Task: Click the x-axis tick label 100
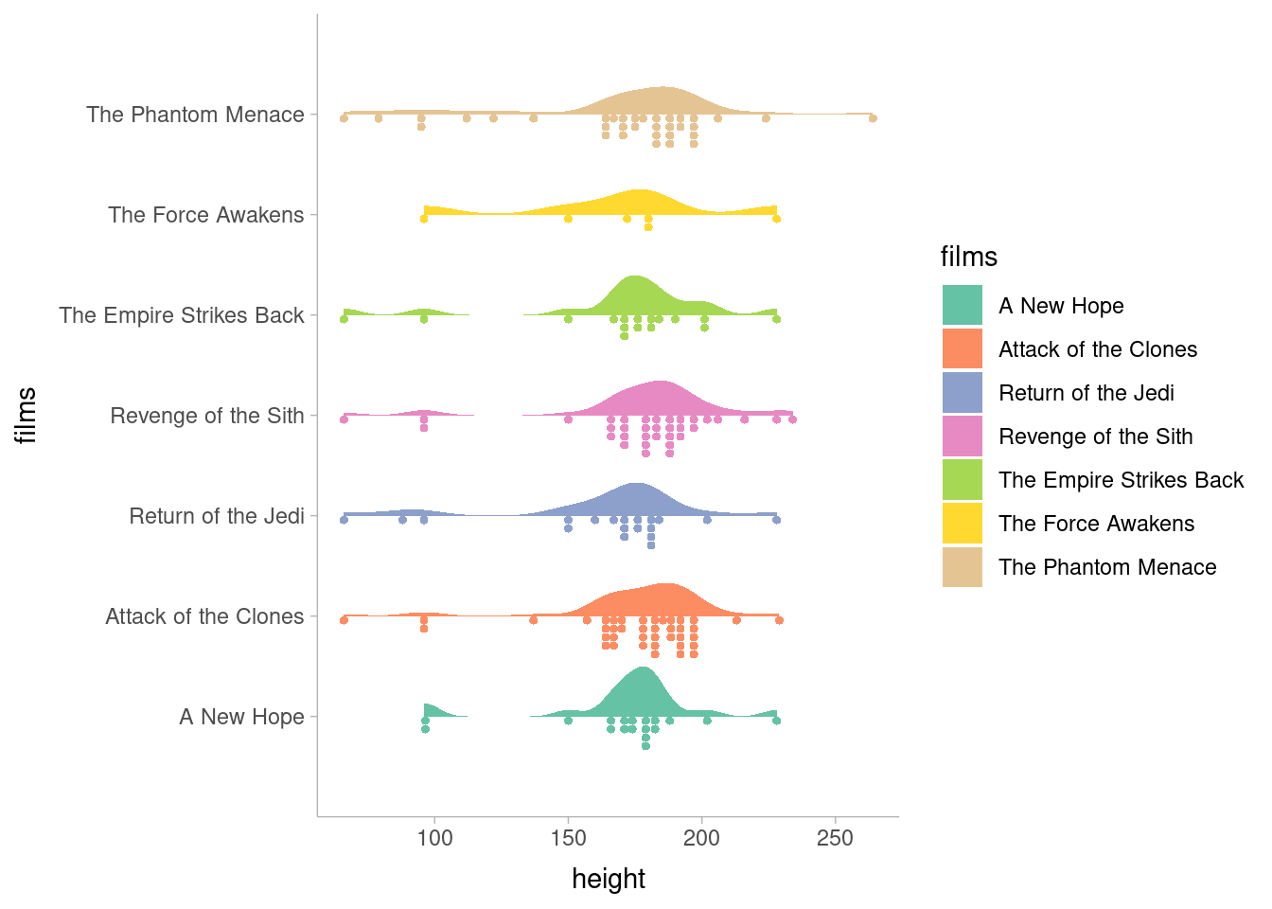[x=434, y=838]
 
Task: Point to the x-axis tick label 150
[x=568, y=838]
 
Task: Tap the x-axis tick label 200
[x=701, y=838]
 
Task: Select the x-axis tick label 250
[x=835, y=838]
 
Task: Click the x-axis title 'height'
[x=609, y=879]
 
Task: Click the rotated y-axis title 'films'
[x=26, y=415]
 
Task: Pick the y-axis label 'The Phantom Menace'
[x=195, y=115]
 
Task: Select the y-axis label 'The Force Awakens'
[x=205, y=215]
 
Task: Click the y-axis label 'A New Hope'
[x=241, y=717]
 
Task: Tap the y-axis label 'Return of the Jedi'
[x=217, y=516]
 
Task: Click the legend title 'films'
[x=968, y=257]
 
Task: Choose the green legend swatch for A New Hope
[x=962, y=305]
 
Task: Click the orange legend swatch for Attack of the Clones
[x=962, y=348]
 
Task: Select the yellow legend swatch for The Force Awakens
[x=962, y=524]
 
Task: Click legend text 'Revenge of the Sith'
[x=1095, y=437]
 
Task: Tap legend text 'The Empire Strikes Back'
[x=1121, y=480]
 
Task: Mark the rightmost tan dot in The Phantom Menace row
[x=873, y=118]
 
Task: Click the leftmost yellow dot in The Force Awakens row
[x=424, y=219]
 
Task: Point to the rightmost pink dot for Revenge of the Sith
[x=792, y=419]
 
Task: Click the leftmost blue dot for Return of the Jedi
[x=344, y=520]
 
